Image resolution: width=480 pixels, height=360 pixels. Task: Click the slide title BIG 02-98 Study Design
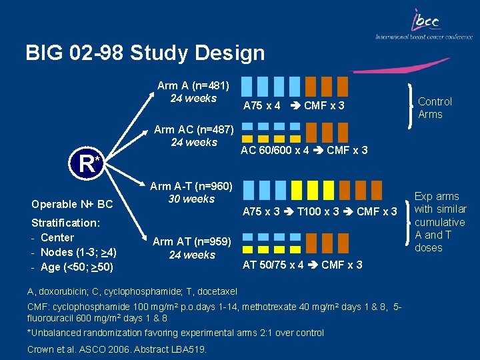point(145,53)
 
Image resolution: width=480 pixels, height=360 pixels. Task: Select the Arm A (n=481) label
point(193,85)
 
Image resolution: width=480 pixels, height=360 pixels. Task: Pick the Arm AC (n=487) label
point(193,129)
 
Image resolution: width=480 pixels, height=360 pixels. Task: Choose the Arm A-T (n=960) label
point(191,186)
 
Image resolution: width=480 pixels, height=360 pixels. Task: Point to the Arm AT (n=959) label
point(192,242)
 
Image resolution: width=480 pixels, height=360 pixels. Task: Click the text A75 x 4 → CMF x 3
point(293,106)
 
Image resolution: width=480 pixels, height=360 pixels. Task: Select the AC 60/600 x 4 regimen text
point(303,150)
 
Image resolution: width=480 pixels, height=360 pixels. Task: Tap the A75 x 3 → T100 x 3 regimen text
point(319,212)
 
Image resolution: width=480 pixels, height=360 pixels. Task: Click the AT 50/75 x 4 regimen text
point(302,265)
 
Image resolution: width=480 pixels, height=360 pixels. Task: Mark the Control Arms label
point(435,107)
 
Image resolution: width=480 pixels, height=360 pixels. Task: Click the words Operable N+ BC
point(72,204)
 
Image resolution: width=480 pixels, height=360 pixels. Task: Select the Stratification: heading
point(64,223)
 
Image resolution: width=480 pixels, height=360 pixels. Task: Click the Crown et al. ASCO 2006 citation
point(117,349)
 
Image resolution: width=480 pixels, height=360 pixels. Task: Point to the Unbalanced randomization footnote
point(175,333)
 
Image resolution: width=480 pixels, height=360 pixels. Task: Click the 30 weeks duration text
point(192,199)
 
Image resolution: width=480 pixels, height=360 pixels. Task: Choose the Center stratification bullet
point(57,237)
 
